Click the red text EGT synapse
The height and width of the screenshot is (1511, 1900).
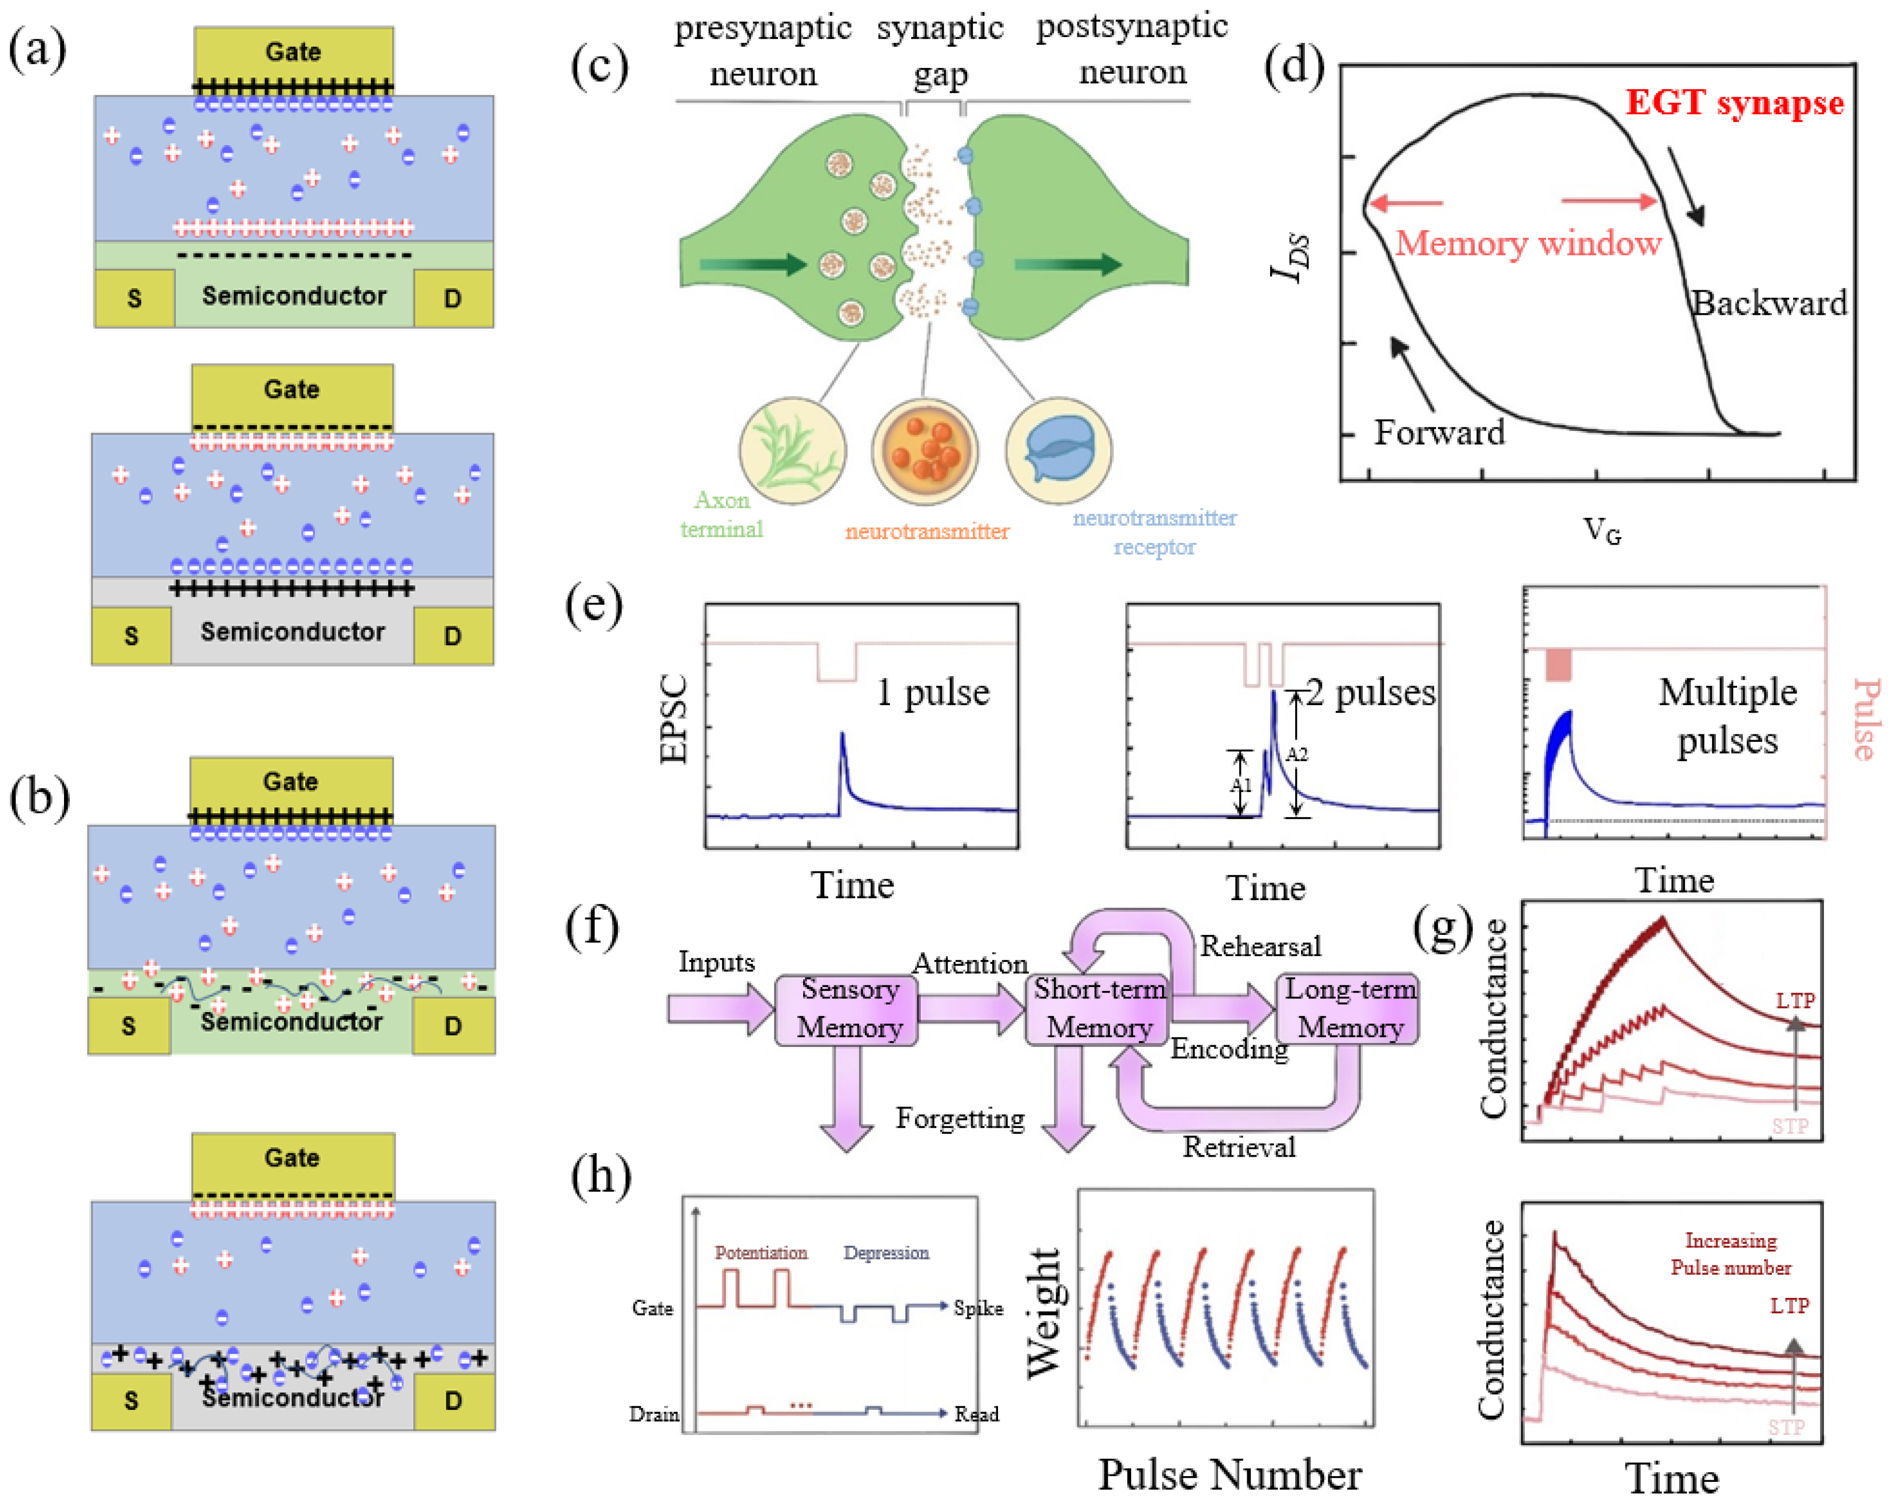click(1734, 103)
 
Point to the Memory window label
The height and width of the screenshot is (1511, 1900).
click(1527, 243)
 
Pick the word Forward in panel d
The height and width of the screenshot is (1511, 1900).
click(1439, 433)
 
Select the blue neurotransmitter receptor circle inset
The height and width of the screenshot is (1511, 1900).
click(1059, 451)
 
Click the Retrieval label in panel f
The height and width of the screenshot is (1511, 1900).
click(1238, 1147)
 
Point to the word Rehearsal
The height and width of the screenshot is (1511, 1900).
click(1260, 946)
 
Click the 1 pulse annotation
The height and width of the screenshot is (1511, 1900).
click(932, 693)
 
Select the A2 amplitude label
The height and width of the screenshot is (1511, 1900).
click(1296, 754)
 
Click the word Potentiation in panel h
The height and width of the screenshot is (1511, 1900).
click(761, 1252)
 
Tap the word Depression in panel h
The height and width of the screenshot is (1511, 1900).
click(885, 1252)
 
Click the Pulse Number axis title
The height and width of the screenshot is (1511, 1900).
click(1230, 1474)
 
